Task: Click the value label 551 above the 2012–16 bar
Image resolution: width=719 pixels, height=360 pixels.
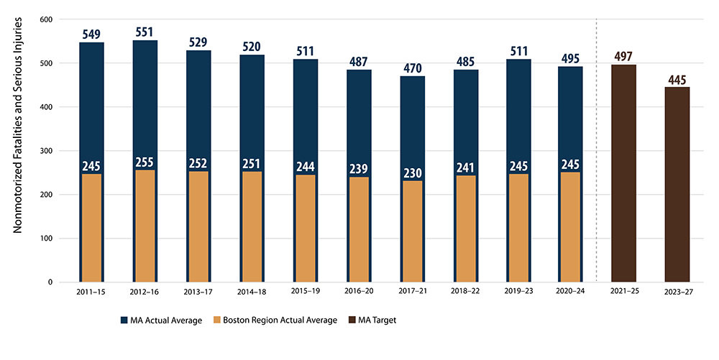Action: pyautogui.click(x=145, y=32)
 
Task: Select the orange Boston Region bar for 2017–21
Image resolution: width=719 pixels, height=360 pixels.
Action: pyautogui.click(x=412, y=231)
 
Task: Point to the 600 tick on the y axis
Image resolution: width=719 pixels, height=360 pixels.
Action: pyautogui.click(x=45, y=19)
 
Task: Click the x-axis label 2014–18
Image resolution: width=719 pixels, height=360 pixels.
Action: pyautogui.click(x=252, y=293)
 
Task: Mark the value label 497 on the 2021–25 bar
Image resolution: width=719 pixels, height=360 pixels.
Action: pyautogui.click(x=623, y=57)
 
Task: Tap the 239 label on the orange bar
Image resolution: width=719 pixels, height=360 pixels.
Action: pyautogui.click(x=359, y=169)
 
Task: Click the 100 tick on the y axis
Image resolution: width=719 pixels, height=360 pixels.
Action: pyautogui.click(x=45, y=239)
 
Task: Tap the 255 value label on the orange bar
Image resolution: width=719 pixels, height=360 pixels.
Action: pyautogui.click(x=145, y=162)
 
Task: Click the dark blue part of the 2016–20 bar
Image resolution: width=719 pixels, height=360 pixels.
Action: pyautogui.click(x=359, y=115)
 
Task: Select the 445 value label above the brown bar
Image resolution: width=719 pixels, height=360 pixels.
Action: pyautogui.click(x=677, y=79)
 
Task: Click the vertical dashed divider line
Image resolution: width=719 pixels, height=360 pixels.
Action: pyautogui.click(x=597, y=144)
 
